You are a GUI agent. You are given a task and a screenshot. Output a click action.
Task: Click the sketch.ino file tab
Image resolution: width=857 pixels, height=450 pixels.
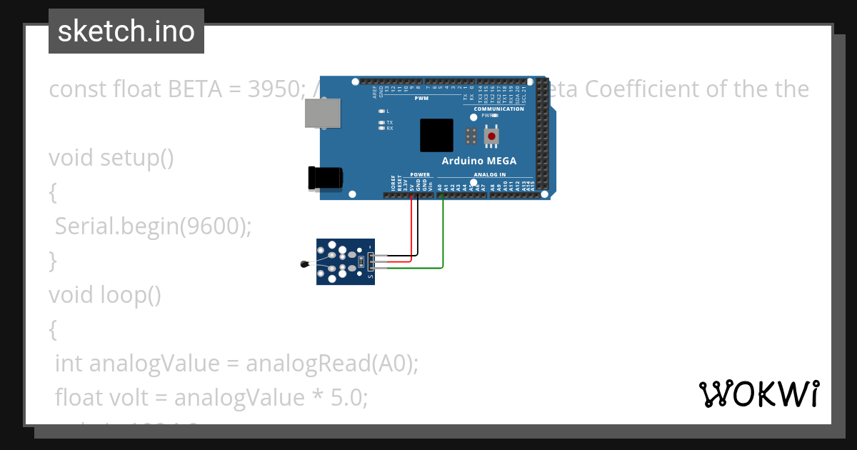pyautogui.click(x=126, y=31)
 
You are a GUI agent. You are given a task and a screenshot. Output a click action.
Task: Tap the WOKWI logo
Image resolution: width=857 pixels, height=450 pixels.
pyautogui.click(x=758, y=394)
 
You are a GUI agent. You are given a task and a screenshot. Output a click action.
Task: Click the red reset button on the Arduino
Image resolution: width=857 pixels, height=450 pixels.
pyautogui.click(x=492, y=135)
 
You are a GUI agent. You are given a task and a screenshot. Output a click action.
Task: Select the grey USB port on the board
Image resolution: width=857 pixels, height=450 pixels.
pyautogui.click(x=322, y=113)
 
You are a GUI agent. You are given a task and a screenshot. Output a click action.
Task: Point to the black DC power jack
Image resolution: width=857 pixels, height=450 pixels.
pyautogui.click(x=324, y=178)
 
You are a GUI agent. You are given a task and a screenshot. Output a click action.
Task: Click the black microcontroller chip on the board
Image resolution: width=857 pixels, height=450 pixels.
pyautogui.click(x=436, y=135)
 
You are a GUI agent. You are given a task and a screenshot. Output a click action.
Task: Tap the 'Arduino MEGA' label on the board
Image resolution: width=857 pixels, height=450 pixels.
pyautogui.click(x=478, y=161)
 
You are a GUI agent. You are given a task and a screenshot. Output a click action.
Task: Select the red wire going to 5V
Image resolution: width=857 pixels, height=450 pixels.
pyautogui.click(x=411, y=229)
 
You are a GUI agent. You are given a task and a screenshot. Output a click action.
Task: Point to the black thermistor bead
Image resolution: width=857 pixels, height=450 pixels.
pyautogui.click(x=306, y=265)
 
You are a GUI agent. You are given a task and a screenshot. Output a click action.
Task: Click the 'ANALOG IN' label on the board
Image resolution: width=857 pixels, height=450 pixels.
pyautogui.click(x=489, y=174)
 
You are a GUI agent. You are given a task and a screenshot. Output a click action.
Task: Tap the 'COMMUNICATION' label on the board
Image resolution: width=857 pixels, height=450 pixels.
pyautogui.click(x=498, y=109)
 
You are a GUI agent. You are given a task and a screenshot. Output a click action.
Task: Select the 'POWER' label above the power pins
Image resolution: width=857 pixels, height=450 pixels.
pyautogui.click(x=420, y=174)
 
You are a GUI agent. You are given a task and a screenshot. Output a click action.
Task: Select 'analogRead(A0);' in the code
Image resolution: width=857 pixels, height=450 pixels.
pyautogui.click(x=331, y=364)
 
